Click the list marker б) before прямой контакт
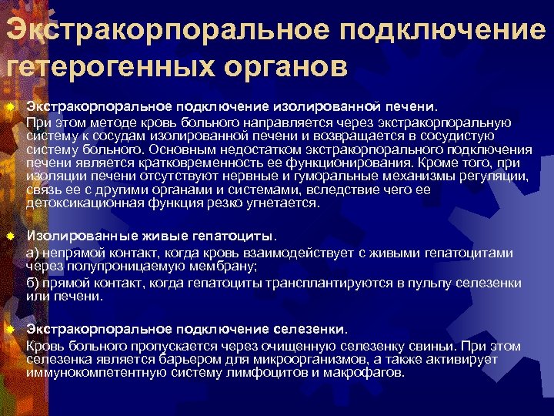point(33,283)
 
